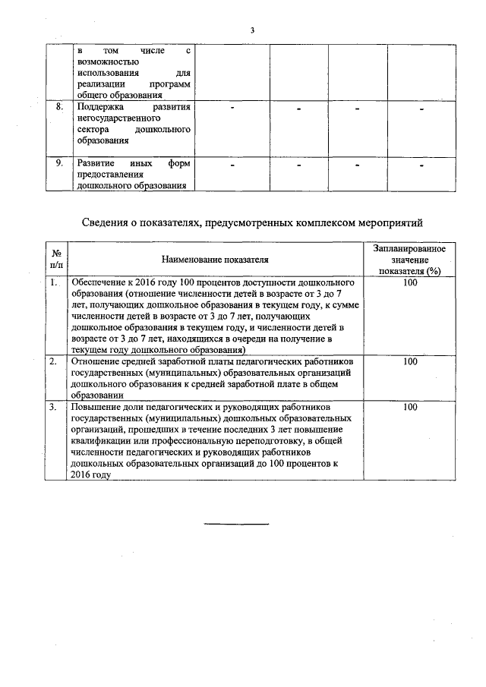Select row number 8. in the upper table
(59, 107)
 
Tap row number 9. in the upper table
(59, 163)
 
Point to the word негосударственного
(114, 118)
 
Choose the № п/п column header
(55, 260)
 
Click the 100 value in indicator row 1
(410, 282)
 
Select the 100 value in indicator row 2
(410, 362)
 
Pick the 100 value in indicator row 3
(410, 408)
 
